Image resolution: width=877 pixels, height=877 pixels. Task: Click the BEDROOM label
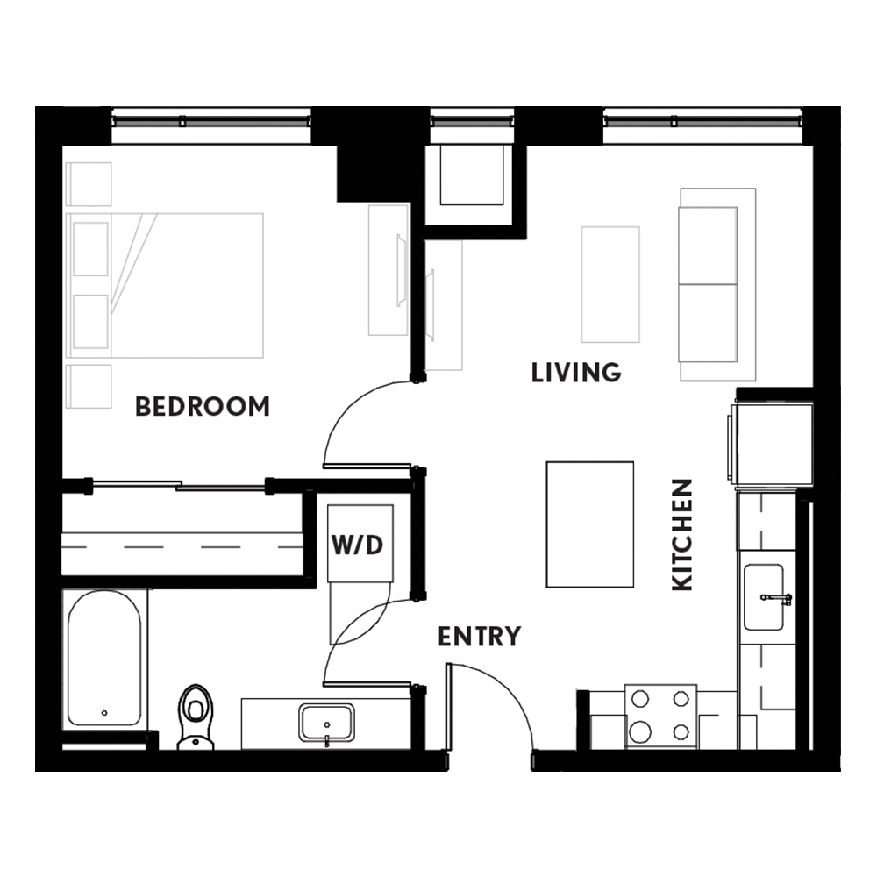tap(203, 407)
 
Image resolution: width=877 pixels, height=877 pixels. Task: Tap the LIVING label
tap(576, 373)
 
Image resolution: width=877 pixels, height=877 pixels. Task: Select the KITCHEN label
tap(682, 535)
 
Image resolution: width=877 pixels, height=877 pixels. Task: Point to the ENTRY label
tap(480, 637)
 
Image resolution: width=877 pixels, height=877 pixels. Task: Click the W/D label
tap(358, 545)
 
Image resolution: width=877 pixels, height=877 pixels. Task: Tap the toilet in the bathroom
tap(196, 717)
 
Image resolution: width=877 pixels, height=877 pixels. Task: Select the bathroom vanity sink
tap(326, 723)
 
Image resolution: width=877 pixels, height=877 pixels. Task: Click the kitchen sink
tap(764, 597)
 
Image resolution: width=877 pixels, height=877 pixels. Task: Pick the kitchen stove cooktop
tap(660, 717)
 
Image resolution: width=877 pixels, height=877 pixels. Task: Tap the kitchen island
tap(590, 524)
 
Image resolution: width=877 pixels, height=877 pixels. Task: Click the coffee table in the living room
tap(610, 284)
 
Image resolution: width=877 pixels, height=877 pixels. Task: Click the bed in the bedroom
tap(165, 285)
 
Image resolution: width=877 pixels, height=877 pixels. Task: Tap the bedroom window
tap(211, 121)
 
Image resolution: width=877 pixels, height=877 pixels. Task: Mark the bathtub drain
tap(104, 713)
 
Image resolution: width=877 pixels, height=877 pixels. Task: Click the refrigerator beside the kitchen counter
tap(771, 446)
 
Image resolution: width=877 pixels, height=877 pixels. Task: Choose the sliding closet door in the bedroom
tap(178, 485)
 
